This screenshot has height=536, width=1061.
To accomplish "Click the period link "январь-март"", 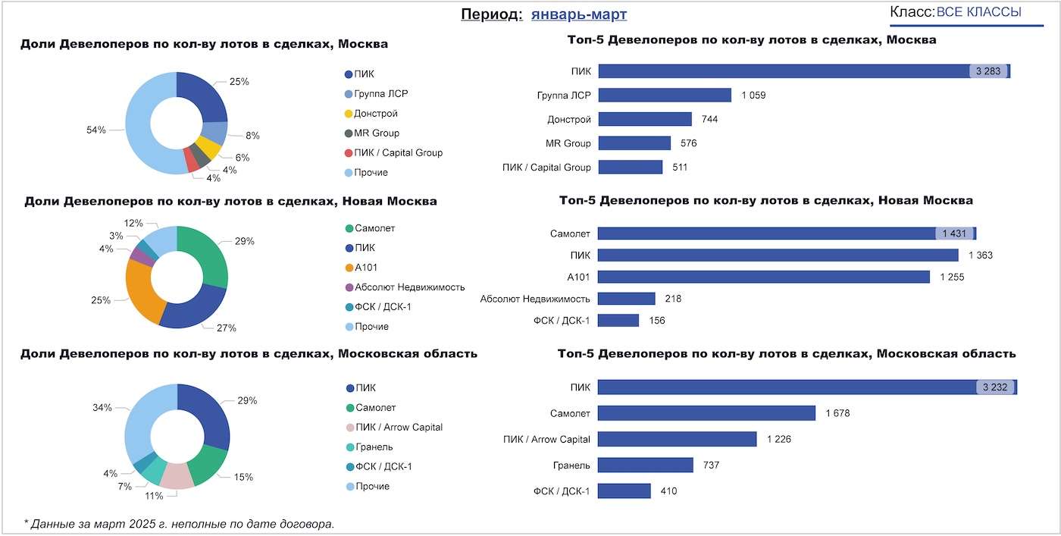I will (579, 14).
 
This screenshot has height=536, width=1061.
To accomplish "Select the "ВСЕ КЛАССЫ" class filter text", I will (978, 12).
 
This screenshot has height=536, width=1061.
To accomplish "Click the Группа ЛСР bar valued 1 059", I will (665, 95).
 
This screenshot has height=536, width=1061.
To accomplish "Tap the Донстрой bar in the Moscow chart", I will (645, 119).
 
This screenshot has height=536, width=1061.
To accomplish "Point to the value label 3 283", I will (988, 71).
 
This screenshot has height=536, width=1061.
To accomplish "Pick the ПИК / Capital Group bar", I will (631, 167).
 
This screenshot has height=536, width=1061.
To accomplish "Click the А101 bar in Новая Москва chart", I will (764, 277).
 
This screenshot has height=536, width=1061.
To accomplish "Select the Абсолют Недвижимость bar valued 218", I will (627, 299).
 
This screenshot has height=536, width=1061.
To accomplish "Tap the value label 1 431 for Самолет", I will (954, 234).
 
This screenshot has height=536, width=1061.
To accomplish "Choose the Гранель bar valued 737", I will (646, 465).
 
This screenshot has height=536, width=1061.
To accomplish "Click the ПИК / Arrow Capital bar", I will (678, 439).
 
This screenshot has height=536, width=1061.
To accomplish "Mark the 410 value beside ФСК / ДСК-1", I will (668, 491).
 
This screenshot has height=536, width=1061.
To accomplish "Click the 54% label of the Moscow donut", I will (95, 130).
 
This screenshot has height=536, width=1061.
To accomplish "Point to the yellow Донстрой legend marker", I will (349, 114).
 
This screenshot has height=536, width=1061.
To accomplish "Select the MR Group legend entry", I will (377, 133).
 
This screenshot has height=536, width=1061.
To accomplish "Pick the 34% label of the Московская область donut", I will (102, 408).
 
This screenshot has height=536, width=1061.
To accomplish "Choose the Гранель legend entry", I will (374, 447).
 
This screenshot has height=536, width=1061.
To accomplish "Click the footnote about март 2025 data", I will (179, 523).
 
